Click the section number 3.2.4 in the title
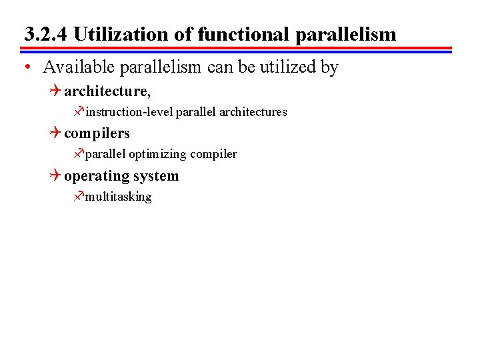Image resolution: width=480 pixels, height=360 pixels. click(x=45, y=34)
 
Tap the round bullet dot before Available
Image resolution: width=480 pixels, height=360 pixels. click(x=25, y=67)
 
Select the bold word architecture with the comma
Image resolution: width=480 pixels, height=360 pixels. click(x=107, y=91)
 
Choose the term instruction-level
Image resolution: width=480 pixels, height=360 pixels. click(x=129, y=112)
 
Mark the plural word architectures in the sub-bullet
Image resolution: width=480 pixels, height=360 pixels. click(x=253, y=112)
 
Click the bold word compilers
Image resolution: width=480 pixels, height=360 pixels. click(x=97, y=133)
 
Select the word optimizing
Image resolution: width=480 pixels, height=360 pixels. click(x=157, y=155)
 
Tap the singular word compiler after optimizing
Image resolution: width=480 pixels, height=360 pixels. click(x=213, y=155)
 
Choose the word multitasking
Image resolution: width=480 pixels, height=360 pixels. click(x=118, y=197)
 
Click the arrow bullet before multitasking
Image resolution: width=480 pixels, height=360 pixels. click(x=79, y=196)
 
